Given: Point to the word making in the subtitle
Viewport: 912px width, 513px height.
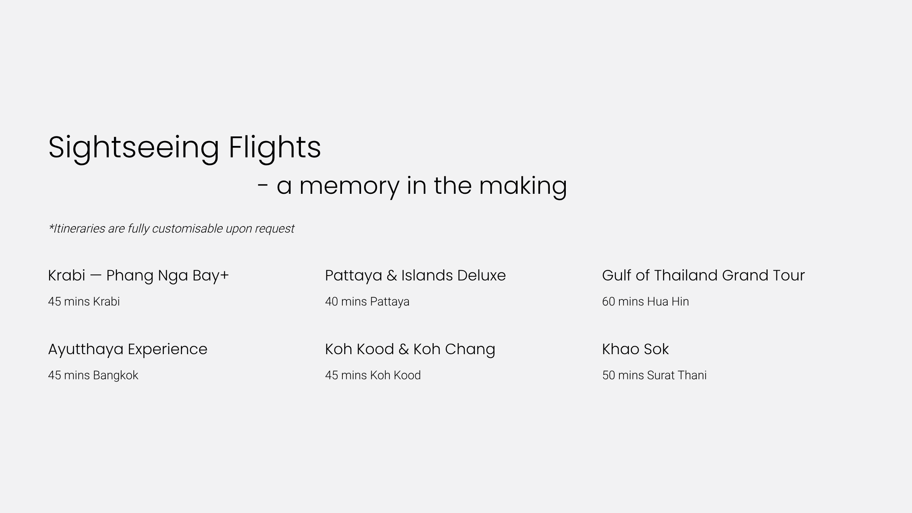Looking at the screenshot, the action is click(x=523, y=186).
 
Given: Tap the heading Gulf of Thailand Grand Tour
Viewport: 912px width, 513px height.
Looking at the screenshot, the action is click(x=703, y=275).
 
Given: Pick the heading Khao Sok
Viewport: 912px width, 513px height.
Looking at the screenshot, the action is click(x=635, y=349).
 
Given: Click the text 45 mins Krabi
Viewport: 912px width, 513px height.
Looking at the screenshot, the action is click(x=84, y=302).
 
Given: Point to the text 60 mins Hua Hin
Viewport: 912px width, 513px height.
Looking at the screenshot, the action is click(x=645, y=302).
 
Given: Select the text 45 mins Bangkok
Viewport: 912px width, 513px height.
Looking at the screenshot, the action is click(x=93, y=375).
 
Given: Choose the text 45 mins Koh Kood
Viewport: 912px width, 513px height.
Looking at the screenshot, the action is click(x=373, y=375).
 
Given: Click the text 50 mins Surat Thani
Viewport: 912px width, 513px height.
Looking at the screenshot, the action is click(x=654, y=375).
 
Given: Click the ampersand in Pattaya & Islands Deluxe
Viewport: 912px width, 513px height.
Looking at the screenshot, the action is click(x=392, y=275).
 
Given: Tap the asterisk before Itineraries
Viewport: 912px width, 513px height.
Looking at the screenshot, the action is click(x=51, y=226).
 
